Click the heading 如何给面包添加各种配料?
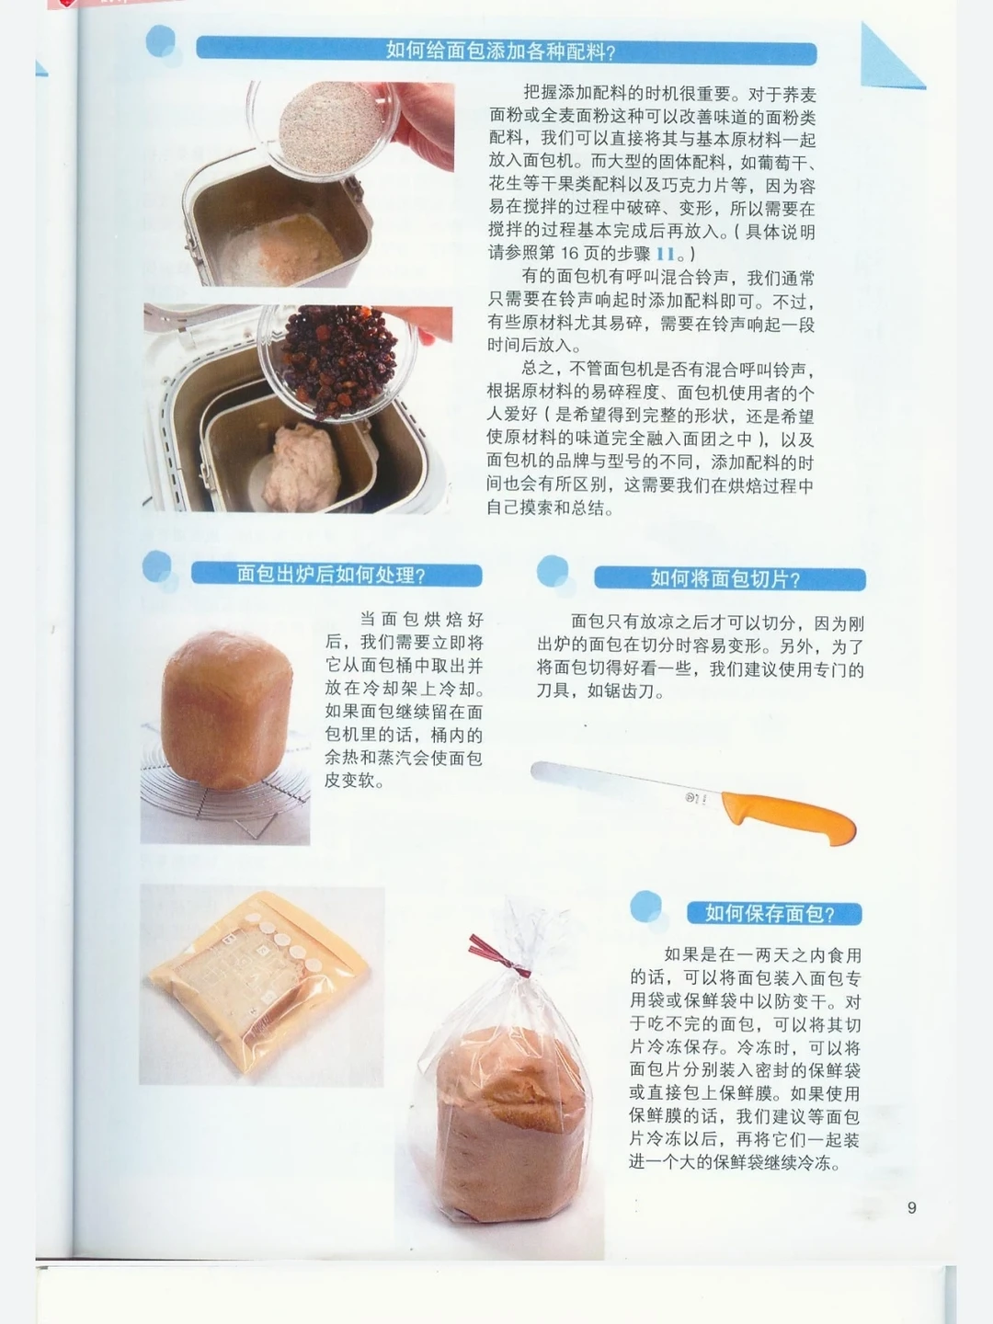[x=500, y=51]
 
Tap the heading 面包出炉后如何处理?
[x=331, y=575]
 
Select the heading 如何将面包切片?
[x=725, y=578]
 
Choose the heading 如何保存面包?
[x=770, y=913]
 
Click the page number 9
[x=911, y=1207]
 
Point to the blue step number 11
[x=665, y=254]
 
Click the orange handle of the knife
[x=789, y=817]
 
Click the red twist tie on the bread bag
[x=498, y=955]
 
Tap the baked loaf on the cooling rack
[x=227, y=709]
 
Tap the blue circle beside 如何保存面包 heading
[x=645, y=906]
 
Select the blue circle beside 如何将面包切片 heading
[x=553, y=571]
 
